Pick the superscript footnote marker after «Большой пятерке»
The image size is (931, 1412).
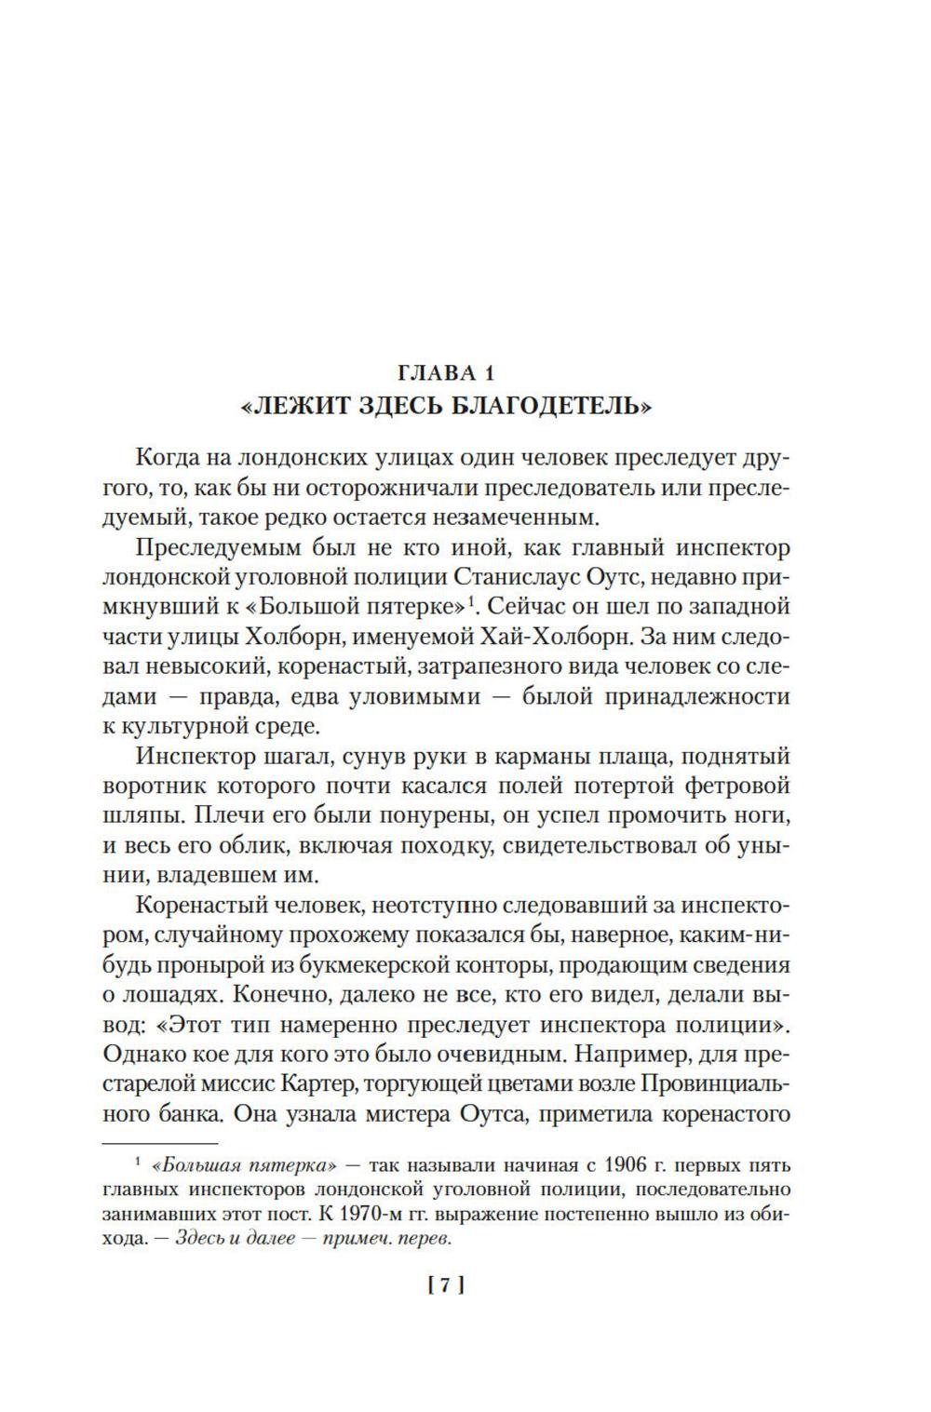(x=473, y=602)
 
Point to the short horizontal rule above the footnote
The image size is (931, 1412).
(x=159, y=1141)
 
